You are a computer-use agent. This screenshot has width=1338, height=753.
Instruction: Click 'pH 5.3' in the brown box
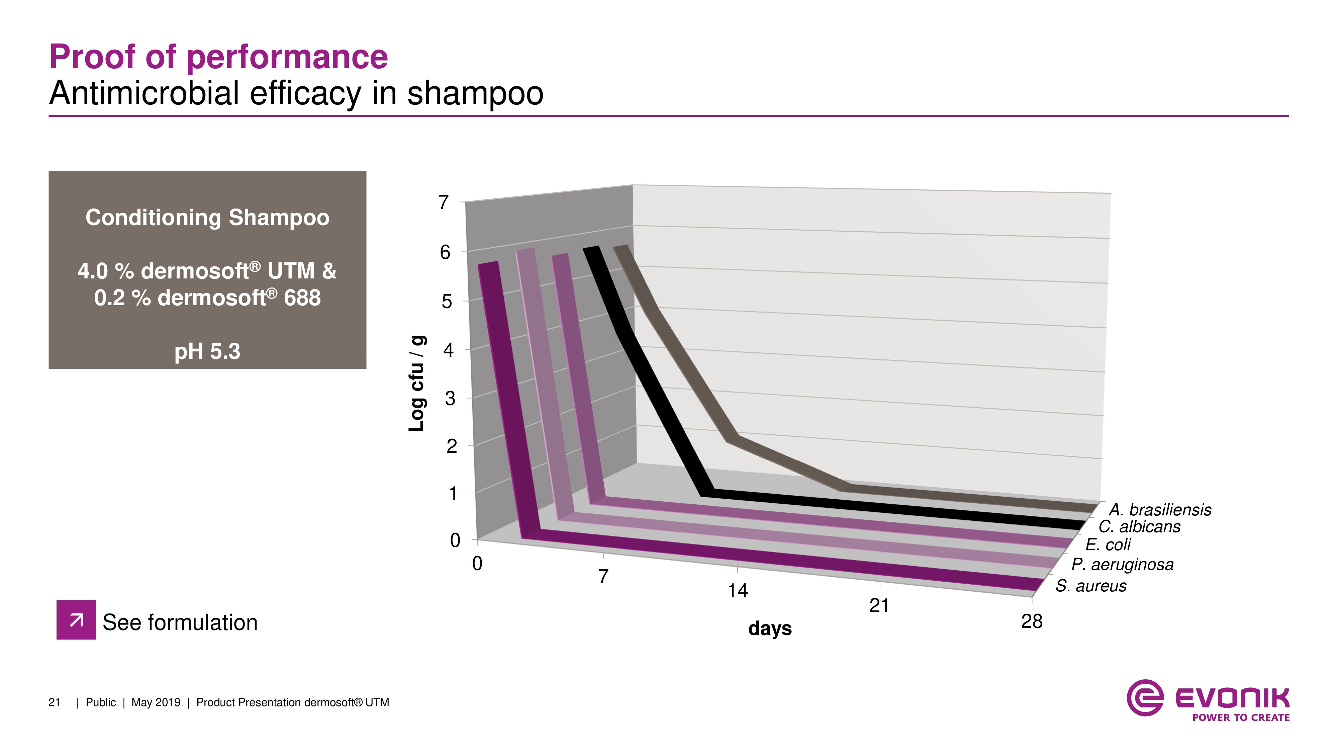click(207, 351)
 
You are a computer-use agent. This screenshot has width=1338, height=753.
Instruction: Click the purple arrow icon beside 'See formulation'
click(76, 619)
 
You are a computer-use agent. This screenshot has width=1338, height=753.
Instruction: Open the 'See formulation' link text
click(180, 622)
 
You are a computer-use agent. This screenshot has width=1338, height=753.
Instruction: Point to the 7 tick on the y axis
click(443, 202)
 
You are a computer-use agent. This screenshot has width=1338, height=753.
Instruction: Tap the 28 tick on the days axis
click(1032, 621)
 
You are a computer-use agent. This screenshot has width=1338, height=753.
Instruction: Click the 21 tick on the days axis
click(879, 605)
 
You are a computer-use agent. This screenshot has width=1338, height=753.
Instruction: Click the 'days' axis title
click(770, 629)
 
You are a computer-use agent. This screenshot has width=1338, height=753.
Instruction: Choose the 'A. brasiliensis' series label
click(1159, 509)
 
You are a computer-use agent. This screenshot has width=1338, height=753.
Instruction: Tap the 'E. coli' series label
click(1108, 545)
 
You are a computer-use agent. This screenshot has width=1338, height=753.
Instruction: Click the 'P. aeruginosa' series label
click(1122, 564)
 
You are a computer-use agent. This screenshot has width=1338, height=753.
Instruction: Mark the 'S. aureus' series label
click(1091, 586)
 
